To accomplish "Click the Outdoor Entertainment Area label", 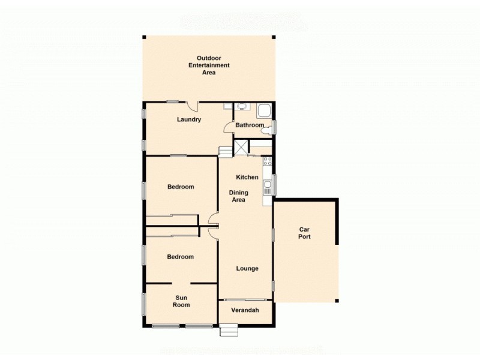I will [209, 65].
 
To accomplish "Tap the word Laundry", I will [188, 119].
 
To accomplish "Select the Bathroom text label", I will [250, 125].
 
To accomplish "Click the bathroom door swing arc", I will [228, 126].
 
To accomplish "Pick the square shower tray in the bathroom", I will [264, 110].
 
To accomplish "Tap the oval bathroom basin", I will [242, 107].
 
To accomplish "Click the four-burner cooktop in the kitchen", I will [268, 161].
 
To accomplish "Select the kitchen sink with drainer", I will [268, 187].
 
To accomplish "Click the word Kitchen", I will [247, 177].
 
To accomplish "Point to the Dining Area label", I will [238, 196].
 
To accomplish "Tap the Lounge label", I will [247, 268].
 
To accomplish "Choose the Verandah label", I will [245, 310].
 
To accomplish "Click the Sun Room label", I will [181, 301].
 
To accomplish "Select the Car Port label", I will [305, 233].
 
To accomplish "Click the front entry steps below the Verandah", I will [228, 330].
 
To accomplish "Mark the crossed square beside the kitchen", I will [241, 148].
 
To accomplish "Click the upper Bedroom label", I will [181, 187].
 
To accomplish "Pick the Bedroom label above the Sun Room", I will [181, 257].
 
